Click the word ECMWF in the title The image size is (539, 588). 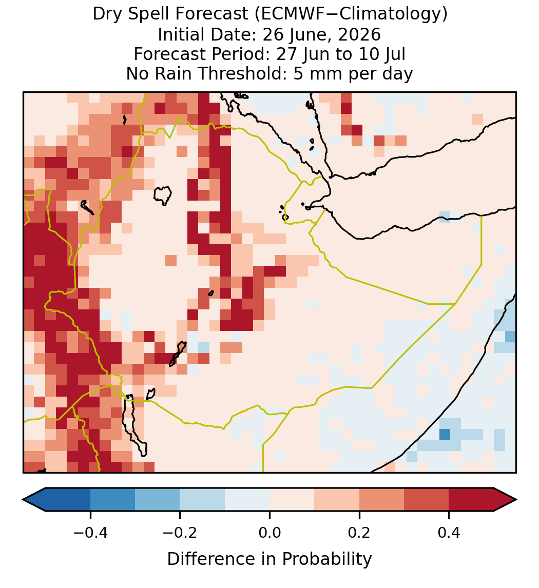[x=287, y=14]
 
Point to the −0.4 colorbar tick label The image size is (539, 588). [x=90, y=532]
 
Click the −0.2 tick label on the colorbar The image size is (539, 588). [x=180, y=532]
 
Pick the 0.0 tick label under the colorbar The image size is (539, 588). [x=269, y=532]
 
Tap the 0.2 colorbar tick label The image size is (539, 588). [x=359, y=532]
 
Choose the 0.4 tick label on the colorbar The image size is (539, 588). [x=449, y=532]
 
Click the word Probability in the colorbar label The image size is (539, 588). [x=326, y=559]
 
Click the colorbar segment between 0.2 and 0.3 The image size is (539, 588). [x=381, y=500]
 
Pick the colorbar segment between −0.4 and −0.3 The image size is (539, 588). [x=112, y=500]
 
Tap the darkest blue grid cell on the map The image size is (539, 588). [x=445, y=434]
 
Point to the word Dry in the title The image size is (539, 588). [x=107, y=14]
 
